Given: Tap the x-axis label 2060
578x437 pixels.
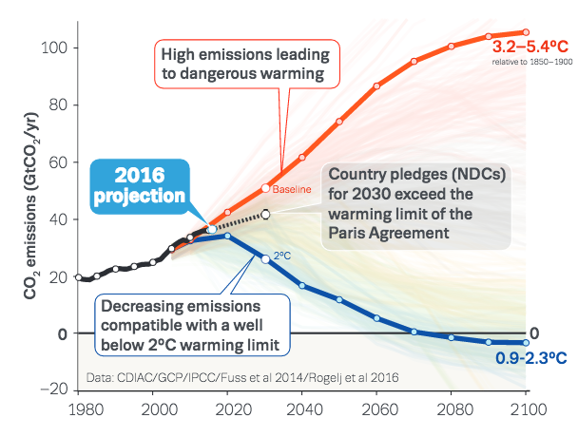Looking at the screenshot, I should click(x=377, y=411).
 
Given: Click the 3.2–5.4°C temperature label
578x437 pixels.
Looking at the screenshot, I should click(x=530, y=45).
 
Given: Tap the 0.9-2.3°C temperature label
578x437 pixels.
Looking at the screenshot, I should click(x=530, y=359).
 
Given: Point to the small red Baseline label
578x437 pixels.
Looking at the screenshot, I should click(x=293, y=191).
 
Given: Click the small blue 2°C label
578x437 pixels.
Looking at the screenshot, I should click(x=282, y=256).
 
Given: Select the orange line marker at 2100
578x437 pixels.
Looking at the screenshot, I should click(x=526, y=32).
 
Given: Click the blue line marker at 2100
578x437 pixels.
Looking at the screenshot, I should click(x=526, y=342).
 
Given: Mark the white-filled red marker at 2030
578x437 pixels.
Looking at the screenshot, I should click(x=266, y=188).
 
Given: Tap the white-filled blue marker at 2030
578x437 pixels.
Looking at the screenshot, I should click(x=265, y=258).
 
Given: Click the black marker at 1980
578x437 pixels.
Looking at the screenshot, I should click(x=78, y=276).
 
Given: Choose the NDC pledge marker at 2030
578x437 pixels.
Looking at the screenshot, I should click(x=266, y=215).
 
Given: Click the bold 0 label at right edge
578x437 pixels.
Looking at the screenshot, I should click(x=534, y=333).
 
